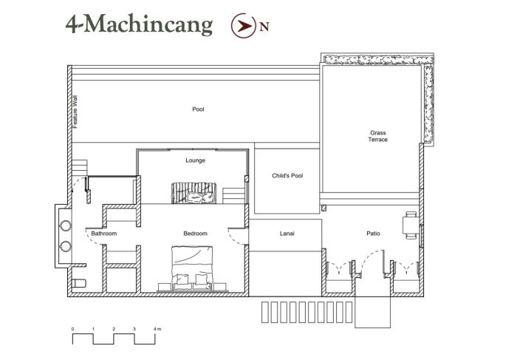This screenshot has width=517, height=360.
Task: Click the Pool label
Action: click(198, 109)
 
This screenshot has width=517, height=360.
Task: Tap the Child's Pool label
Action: click(287, 175)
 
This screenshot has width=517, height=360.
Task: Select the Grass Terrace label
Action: click(378, 136)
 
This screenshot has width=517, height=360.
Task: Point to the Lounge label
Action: click(195, 160)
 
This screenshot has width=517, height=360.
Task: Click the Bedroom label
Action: click(195, 234)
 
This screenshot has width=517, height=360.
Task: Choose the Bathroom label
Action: click(104, 234)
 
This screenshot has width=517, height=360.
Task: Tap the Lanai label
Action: click(287, 234)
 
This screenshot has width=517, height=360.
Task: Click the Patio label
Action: click(373, 234)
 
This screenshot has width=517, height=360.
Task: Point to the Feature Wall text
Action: click(75, 112)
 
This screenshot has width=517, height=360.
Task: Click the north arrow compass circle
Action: click(244, 25)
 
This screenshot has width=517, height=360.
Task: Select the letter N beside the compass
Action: click(264, 27)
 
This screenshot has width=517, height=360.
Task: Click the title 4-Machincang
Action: click(139, 24)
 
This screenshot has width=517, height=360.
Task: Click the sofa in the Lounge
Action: click(194, 193)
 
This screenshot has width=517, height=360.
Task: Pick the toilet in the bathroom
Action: click(79, 283)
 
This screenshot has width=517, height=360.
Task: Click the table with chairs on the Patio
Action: click(411, 225)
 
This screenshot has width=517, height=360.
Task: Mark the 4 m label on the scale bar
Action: click(157, 329)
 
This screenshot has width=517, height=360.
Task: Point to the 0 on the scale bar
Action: click(72, 329)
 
